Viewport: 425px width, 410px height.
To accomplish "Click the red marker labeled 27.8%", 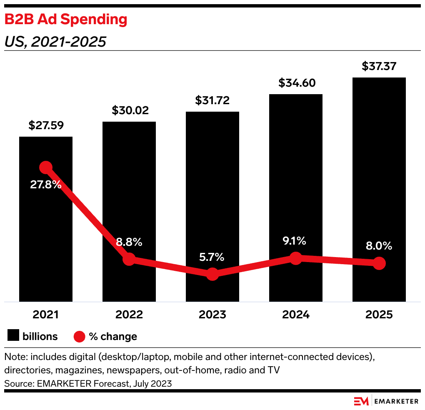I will coord(46,167).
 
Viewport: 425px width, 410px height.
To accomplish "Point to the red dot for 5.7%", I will coord(212,274).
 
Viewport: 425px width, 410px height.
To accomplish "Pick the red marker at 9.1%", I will coord(296,258).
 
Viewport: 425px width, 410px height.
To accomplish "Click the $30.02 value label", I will coord(129,111).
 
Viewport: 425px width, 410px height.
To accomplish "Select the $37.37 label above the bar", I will coord(379,67).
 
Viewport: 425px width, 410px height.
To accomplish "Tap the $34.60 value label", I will coord(296,83).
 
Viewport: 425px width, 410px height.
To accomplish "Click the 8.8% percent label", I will coord(129,242).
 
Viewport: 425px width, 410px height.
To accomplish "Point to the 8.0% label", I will coord(379,246).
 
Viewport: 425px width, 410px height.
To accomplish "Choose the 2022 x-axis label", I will coord(129,315).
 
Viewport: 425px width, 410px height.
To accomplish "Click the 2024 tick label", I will coord(296,315).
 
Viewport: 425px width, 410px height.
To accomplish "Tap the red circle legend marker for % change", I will coord(79,336).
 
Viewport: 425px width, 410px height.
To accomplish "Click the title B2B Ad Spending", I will coord(65,20).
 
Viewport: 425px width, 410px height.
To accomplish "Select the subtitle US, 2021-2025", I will coord(55,42).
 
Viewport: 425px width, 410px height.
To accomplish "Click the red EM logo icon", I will coord(361,401).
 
